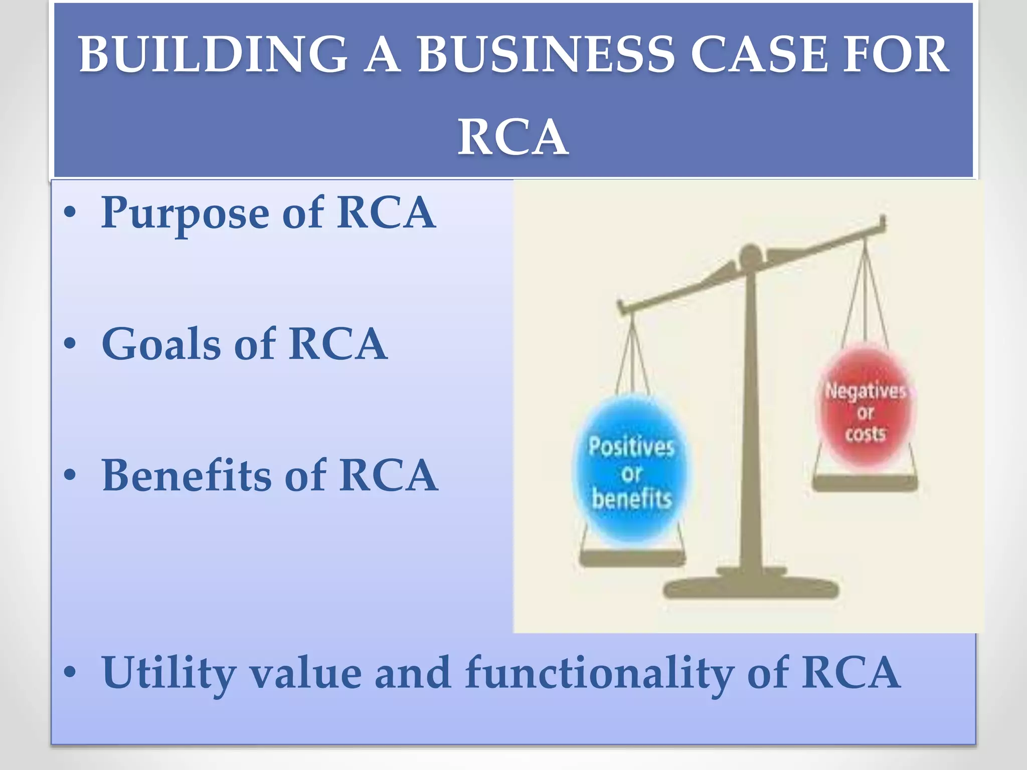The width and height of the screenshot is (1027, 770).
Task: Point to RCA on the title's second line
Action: click(513, 136)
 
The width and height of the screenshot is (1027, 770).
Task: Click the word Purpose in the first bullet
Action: click(185, 214)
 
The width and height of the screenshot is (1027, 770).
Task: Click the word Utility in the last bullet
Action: click(169, 673)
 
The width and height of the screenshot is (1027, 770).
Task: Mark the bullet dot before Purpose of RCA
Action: click(70, 213)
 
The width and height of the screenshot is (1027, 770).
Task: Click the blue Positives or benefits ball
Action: click(631, 469)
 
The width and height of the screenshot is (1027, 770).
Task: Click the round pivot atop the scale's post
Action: click(750, 256)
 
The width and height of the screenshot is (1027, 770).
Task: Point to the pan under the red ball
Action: click(865, 483)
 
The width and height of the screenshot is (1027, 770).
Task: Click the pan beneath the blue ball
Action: click(632, 557)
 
